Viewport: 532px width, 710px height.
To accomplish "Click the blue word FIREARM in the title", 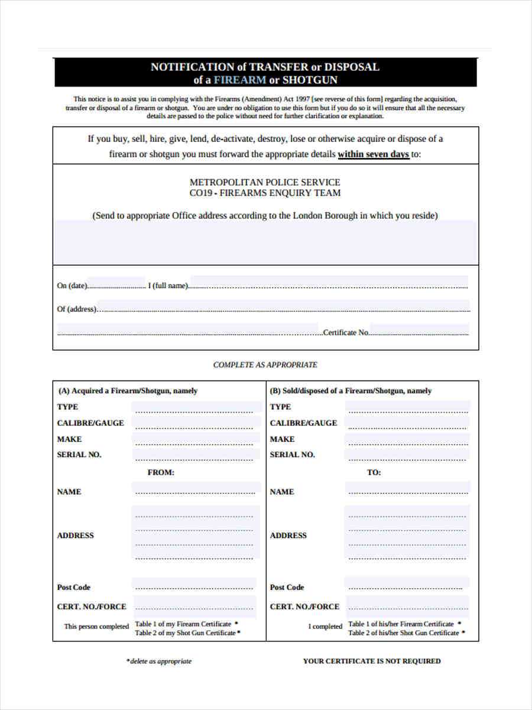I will point(239,80).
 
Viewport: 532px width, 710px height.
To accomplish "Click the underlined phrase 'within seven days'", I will point(373,154).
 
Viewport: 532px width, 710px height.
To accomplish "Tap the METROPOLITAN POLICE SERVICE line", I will point(265,182).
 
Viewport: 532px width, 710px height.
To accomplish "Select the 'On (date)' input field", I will point(116,285).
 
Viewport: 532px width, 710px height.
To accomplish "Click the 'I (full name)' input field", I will point(329,285).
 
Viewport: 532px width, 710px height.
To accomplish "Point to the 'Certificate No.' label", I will point(346,333).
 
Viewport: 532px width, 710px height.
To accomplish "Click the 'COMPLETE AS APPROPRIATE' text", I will point(265,365).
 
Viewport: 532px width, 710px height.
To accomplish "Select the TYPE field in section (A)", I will point(196,408).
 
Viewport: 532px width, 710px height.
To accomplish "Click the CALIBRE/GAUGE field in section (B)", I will point(408,424).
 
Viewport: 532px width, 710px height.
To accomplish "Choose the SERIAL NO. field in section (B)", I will point(408,456).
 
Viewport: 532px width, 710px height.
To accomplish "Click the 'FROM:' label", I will point(161,473).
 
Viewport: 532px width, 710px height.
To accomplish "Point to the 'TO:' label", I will point(374,473).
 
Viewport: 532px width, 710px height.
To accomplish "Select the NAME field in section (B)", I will point(408,490).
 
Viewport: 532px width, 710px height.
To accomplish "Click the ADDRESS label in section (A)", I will point(76,535).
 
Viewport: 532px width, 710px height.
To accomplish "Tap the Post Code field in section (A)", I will point(194,586).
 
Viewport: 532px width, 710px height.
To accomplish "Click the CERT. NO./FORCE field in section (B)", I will point(407,606).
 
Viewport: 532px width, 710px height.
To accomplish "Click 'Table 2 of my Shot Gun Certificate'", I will point(185,633).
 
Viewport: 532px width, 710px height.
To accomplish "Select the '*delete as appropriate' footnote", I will point(159,661).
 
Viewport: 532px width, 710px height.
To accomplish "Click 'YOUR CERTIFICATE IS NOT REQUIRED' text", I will point(372,661).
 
